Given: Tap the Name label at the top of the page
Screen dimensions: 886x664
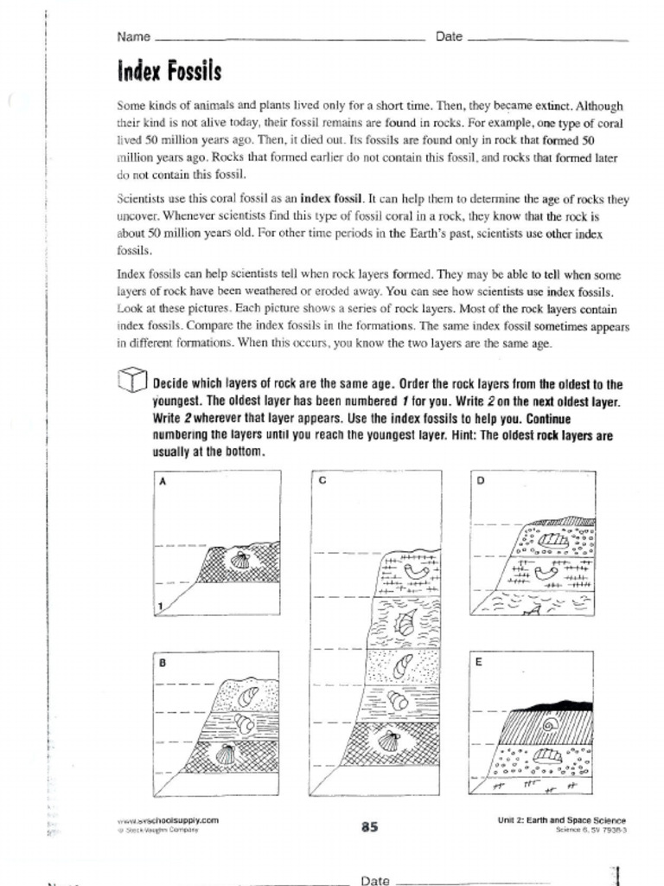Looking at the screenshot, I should tap(133, 37).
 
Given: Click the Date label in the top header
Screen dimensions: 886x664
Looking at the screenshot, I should tap(449, 37).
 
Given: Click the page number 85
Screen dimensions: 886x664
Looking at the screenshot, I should tap(370, 826).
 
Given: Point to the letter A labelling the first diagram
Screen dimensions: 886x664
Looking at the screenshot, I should tap(162, 483).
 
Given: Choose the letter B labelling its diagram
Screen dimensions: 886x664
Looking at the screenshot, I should tap(162, 664).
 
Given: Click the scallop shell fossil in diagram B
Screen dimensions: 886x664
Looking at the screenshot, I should tap(226, 754).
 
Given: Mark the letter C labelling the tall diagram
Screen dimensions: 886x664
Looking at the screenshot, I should tap(321, 481).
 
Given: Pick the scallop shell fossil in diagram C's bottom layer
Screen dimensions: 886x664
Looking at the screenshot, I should tap(389, 742).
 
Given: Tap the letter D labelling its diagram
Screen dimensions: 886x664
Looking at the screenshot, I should tap(481, 481).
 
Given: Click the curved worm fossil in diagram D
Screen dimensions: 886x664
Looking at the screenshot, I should tap(546, 572).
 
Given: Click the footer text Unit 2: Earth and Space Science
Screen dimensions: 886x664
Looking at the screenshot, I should tap(562, 820).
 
